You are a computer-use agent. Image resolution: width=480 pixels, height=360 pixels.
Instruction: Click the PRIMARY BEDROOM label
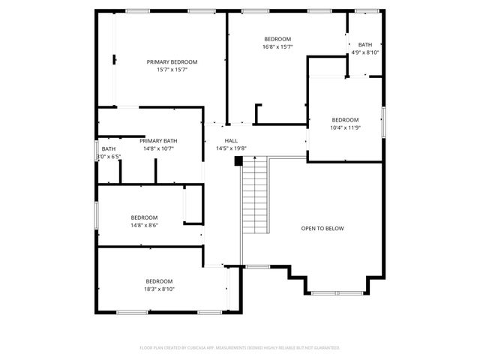(172, 62)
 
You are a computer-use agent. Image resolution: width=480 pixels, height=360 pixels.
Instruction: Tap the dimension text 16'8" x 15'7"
(277, 46)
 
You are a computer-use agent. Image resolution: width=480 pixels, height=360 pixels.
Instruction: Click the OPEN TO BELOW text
(322, 228)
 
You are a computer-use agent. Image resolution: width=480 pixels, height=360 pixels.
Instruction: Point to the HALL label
(231, 140)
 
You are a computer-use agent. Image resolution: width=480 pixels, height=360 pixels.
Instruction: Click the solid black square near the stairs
(239, 160)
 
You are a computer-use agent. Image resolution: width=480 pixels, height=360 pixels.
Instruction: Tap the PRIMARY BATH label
(158, 140)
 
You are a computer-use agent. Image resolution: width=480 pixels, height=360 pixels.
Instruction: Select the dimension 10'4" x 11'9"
(346, 127)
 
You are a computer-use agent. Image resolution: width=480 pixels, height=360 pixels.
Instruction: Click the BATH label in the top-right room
(364, 44)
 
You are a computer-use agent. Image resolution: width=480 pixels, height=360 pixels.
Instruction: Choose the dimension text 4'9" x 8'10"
(365, 52)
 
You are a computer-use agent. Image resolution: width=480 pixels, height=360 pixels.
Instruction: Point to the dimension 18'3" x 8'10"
(159, 289)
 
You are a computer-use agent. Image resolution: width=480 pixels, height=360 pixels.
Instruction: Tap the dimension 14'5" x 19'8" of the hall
(231, 148)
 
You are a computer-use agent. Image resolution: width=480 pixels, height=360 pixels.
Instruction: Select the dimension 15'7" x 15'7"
(172, 70)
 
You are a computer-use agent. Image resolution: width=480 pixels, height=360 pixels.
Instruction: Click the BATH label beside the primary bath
(109, 148)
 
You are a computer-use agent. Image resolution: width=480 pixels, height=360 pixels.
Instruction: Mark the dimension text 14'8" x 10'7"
(158, 148)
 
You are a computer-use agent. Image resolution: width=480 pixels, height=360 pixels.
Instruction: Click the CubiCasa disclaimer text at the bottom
(240, 348)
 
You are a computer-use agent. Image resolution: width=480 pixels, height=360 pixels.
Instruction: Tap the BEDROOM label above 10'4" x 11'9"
(346, 119)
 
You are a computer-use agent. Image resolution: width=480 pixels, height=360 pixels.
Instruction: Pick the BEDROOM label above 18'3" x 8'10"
(159, 280)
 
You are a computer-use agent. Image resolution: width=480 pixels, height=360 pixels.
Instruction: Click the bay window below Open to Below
(334, 292)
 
